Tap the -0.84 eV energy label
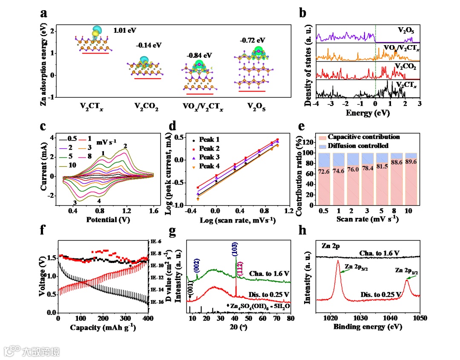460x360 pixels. click(199, 55)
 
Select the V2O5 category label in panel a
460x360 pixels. click(252, 107)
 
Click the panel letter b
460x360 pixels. click(303, 13)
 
